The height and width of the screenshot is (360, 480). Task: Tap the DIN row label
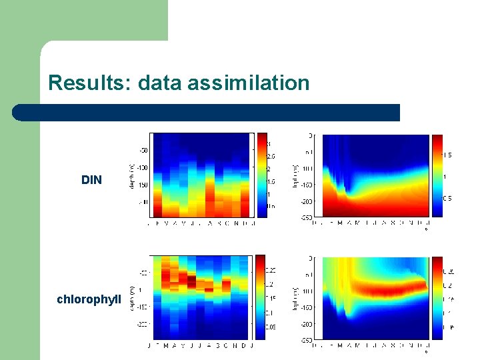[91, 180]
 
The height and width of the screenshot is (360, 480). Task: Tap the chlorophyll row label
[89, 299]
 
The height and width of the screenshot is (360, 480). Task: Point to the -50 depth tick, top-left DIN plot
[143, 150]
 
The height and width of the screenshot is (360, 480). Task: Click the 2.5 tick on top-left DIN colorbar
[271, 156]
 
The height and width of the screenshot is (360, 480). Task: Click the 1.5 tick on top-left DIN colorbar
[271, 181]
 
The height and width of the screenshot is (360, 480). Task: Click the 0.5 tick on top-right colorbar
[447, 199]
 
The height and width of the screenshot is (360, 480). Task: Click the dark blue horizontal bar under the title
[207, 113]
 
